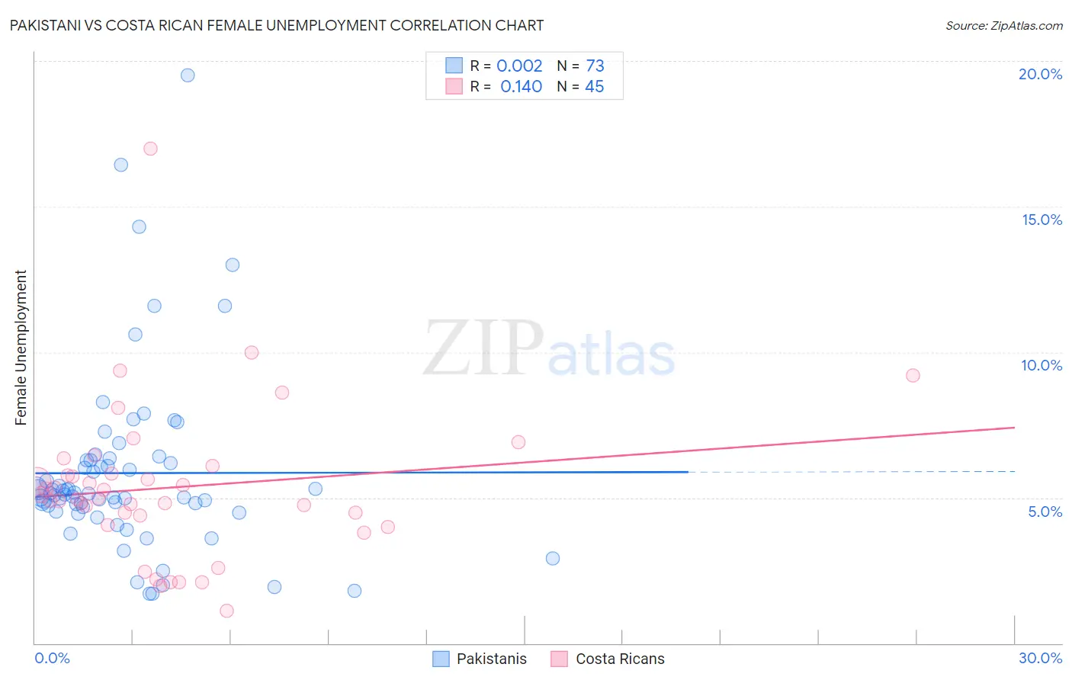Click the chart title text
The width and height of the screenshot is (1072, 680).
click(276, 25)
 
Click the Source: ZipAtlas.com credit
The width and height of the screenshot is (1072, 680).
click(1003, 25)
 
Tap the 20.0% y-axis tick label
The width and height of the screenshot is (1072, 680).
click(1040, 74)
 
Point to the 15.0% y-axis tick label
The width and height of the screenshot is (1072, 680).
click(1042, 220)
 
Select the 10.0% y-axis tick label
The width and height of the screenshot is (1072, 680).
click(1042, 365)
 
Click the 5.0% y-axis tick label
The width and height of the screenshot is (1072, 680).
click(1045, 512)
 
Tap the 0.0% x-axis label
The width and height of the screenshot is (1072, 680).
click(52, 658)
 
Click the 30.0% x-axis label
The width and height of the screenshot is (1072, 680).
click(1040, 658)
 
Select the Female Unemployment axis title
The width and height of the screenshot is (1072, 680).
click(21, 348)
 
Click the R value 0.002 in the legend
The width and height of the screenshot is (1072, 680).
click(519, 66)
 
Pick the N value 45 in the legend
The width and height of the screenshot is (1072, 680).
click(594, 87)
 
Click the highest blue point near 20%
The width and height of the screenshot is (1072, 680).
click(188, 75)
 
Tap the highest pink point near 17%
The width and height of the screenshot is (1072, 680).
click(150, 149)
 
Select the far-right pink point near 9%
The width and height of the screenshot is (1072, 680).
click(913, 375)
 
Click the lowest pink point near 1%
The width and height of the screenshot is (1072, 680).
click(226, 611)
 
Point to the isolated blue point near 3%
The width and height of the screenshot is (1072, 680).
click(553, 558)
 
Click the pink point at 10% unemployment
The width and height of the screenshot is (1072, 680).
click(252, 352)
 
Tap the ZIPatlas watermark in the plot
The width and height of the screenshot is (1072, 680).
click(549, 350)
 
